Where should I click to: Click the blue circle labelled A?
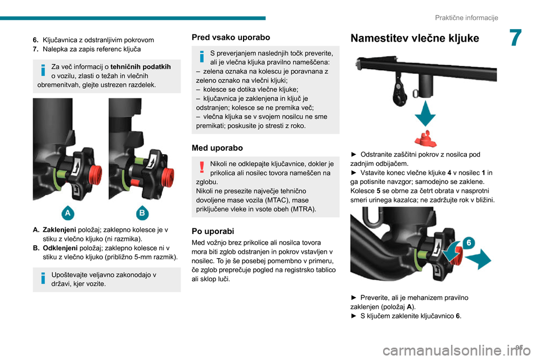(68, 213)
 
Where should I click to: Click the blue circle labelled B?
(142, 213)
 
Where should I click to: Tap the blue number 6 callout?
(469, 243)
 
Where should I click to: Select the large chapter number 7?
(515, 38)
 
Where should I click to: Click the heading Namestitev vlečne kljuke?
(415, 38)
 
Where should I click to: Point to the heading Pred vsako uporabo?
(231, 37)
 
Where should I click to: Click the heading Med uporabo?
(217, 148)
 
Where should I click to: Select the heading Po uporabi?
(213, 231)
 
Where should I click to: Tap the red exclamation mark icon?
(202, 167)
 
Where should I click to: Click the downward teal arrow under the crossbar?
(425, 114)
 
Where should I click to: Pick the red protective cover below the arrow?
(426, 138)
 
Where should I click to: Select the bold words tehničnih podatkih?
(141, 66)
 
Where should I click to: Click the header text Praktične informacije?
(466, 17)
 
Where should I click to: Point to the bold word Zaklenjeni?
(59, 229)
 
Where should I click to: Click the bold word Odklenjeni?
(60, 248)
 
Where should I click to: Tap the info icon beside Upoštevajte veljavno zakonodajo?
(43, 278)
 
